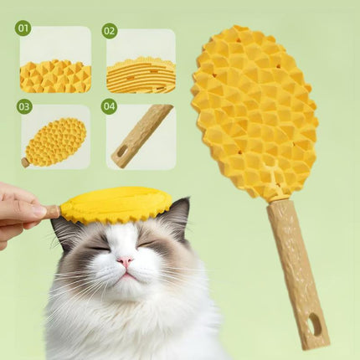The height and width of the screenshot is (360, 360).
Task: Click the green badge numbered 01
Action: (x=23, y=28)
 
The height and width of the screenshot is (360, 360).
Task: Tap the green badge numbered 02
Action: (x=109, y=31)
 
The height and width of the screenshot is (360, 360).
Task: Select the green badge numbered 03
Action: (x=23, y=106)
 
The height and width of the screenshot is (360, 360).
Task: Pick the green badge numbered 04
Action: (x=109, y=106)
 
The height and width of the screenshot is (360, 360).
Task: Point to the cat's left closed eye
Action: (x=97, y=246)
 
